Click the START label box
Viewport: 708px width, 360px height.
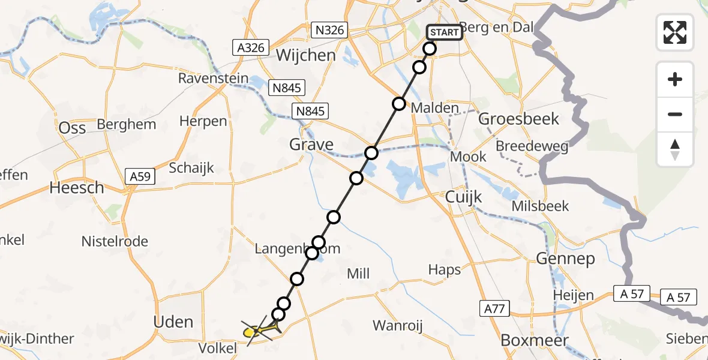pos(444,32)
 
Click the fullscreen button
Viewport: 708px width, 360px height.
pos(675,32)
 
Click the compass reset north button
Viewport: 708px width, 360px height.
pos(675,149)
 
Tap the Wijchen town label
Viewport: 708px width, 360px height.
pos(305,56)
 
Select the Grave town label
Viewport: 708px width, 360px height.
pos(311,145)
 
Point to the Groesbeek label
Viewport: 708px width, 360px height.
pos(519,119)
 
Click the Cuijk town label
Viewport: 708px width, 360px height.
pos(464,197)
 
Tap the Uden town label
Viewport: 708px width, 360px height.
pos(173,322)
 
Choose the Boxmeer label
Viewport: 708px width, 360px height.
pos(526,340)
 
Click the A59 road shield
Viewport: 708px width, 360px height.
pos(140,176)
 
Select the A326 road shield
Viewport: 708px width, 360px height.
pos(251,47)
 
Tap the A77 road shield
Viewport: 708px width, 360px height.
pos(495,309)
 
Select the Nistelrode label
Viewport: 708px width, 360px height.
pos(115,242)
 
